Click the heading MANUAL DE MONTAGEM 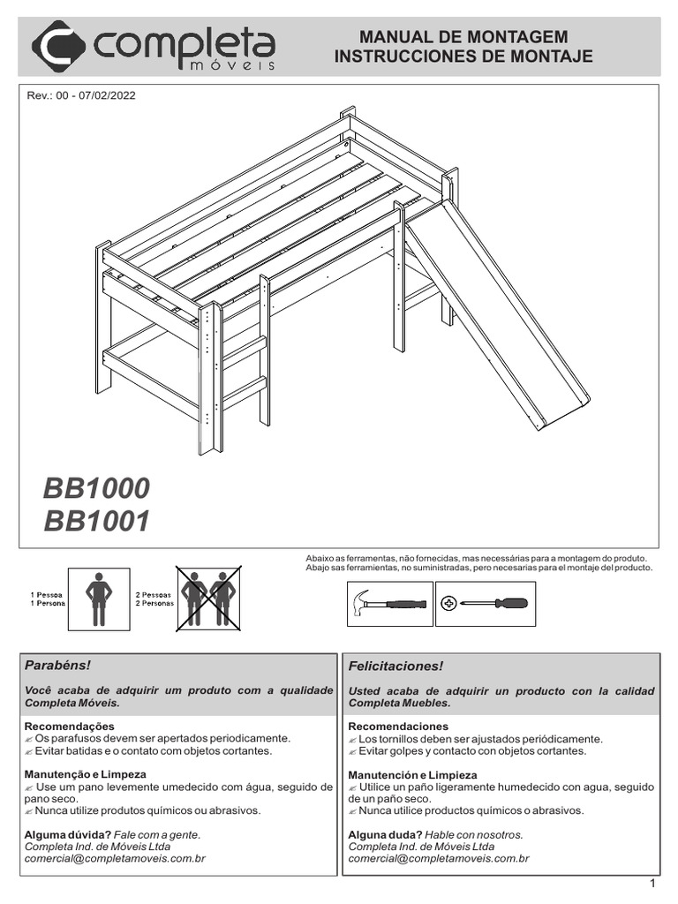[x=463, y=37]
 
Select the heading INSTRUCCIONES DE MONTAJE [x=463, y=57]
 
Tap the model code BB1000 [x=96, y=488]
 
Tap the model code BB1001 [x=96, y=522]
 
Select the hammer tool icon [x=389, y=605]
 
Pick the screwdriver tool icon [x=485, y=605]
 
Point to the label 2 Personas [x=154, y=605]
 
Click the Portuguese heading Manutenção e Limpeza [x=85, y=774]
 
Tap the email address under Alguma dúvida [x=115, y=858]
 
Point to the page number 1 [x=652, y=884]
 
